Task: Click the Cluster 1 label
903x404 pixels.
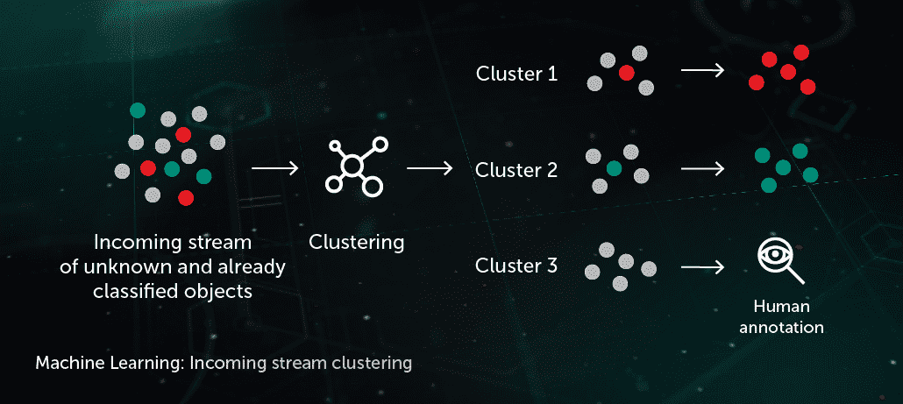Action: point(516,74)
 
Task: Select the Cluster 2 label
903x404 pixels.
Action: point(516,170)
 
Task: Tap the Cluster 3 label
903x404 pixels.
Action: point(516,265)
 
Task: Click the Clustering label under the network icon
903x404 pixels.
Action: point(357,242)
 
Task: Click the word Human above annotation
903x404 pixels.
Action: point(781,307)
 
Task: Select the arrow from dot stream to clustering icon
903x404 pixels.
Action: point(273,166)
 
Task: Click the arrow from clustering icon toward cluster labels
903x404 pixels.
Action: point(429,166)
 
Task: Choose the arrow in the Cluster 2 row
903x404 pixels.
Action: point(701,166)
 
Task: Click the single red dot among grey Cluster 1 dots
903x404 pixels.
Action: point(626,73)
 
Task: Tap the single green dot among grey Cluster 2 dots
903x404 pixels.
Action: point(614,167)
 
